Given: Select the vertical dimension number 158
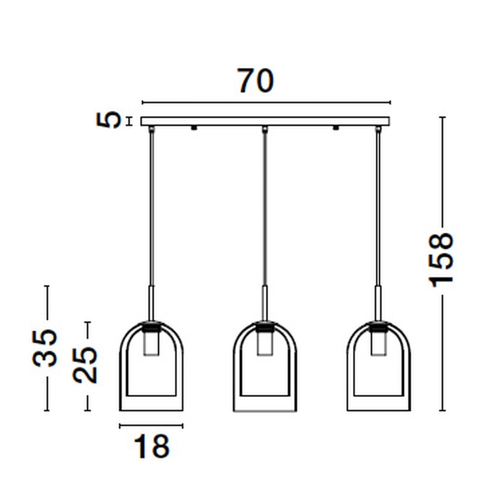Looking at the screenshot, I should click(441, 259).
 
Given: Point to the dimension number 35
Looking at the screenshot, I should click(45, 348).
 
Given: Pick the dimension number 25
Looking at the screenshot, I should click(85, 365).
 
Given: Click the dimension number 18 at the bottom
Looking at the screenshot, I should click(151, 447).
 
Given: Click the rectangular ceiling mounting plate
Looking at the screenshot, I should click(265, 121).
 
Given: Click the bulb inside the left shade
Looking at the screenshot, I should click(151, 343).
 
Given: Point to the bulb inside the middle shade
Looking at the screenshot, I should click(265, 343).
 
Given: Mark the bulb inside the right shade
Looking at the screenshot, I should click(378, 343).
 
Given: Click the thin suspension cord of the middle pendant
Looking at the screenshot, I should click(265, 207).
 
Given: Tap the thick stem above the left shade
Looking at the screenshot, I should click(152, 303).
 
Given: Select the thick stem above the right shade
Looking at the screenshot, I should click(378, 303).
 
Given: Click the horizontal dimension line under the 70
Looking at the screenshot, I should click(266, 103).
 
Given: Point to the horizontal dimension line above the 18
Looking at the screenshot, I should click(151, 425).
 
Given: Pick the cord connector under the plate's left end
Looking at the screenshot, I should click(151, 129).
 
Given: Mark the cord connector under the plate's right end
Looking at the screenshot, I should click(379, 129).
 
